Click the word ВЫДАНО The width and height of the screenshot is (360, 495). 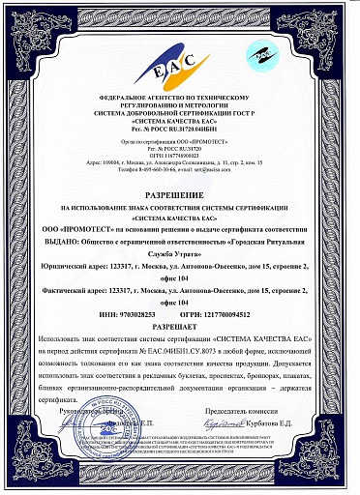60,235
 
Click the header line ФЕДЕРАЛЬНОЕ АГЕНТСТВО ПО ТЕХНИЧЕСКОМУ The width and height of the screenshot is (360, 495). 180,100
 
